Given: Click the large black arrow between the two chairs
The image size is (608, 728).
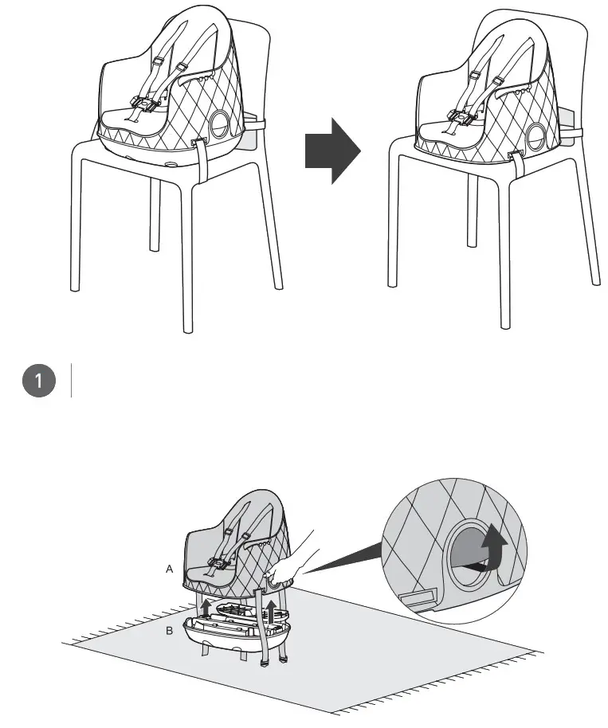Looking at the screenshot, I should (332, 151).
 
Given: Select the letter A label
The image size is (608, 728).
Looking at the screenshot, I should (169, 569).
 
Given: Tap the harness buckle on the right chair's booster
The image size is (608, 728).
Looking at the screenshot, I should (460, 119).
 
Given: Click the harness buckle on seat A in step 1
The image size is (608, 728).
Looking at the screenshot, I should (216, 564).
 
